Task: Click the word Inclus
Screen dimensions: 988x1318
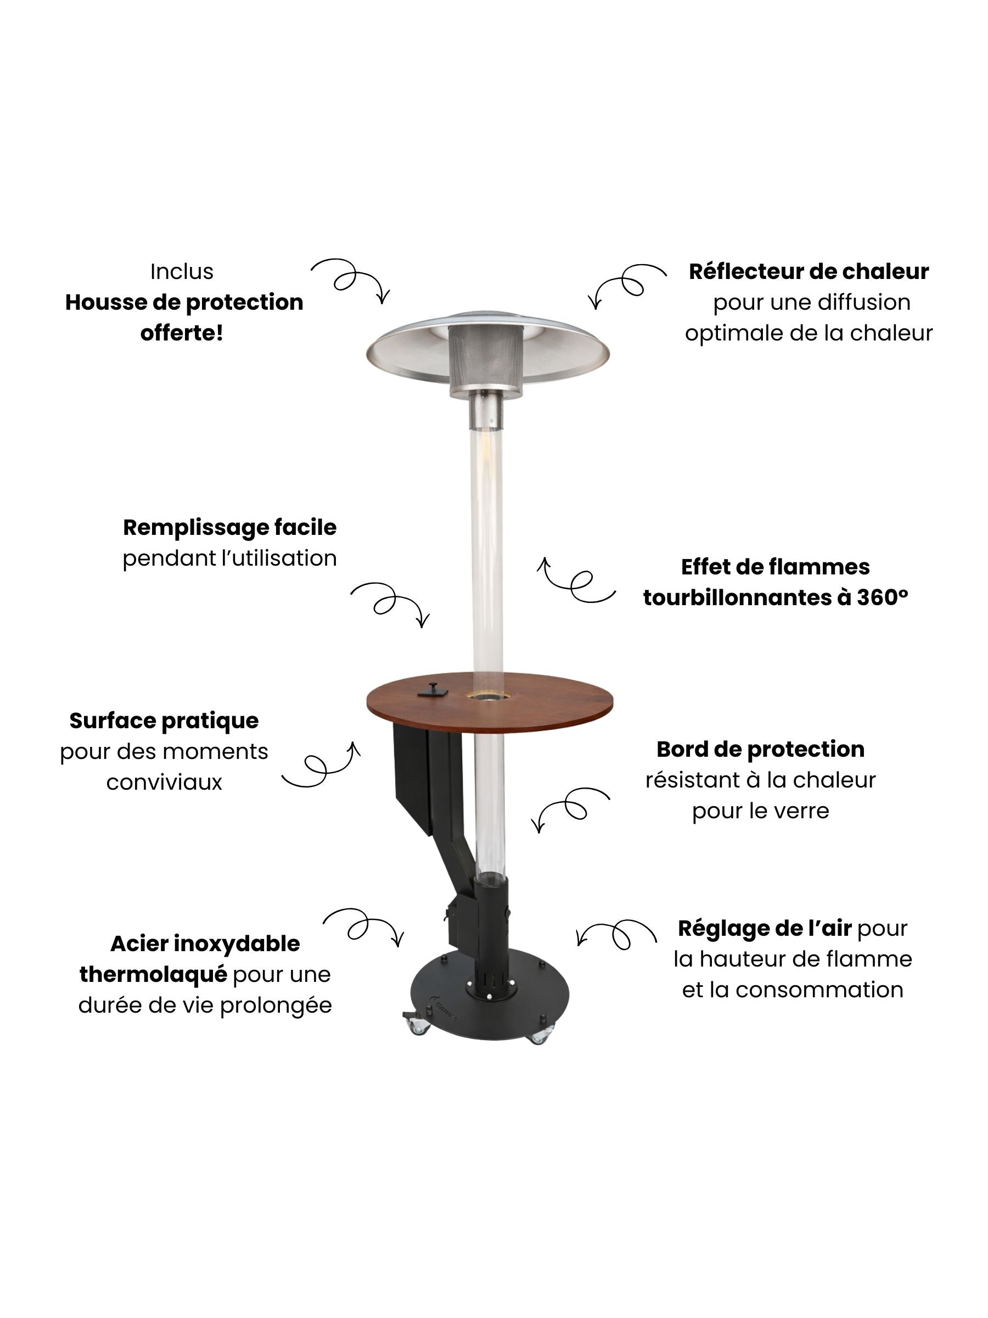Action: coord(182,272)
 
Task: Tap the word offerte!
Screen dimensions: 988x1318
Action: coord(182,333)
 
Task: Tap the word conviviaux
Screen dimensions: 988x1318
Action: coord(164,783)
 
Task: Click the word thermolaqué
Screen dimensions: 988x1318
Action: coord(153,975)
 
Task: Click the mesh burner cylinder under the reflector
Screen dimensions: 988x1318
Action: coord(485,360)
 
